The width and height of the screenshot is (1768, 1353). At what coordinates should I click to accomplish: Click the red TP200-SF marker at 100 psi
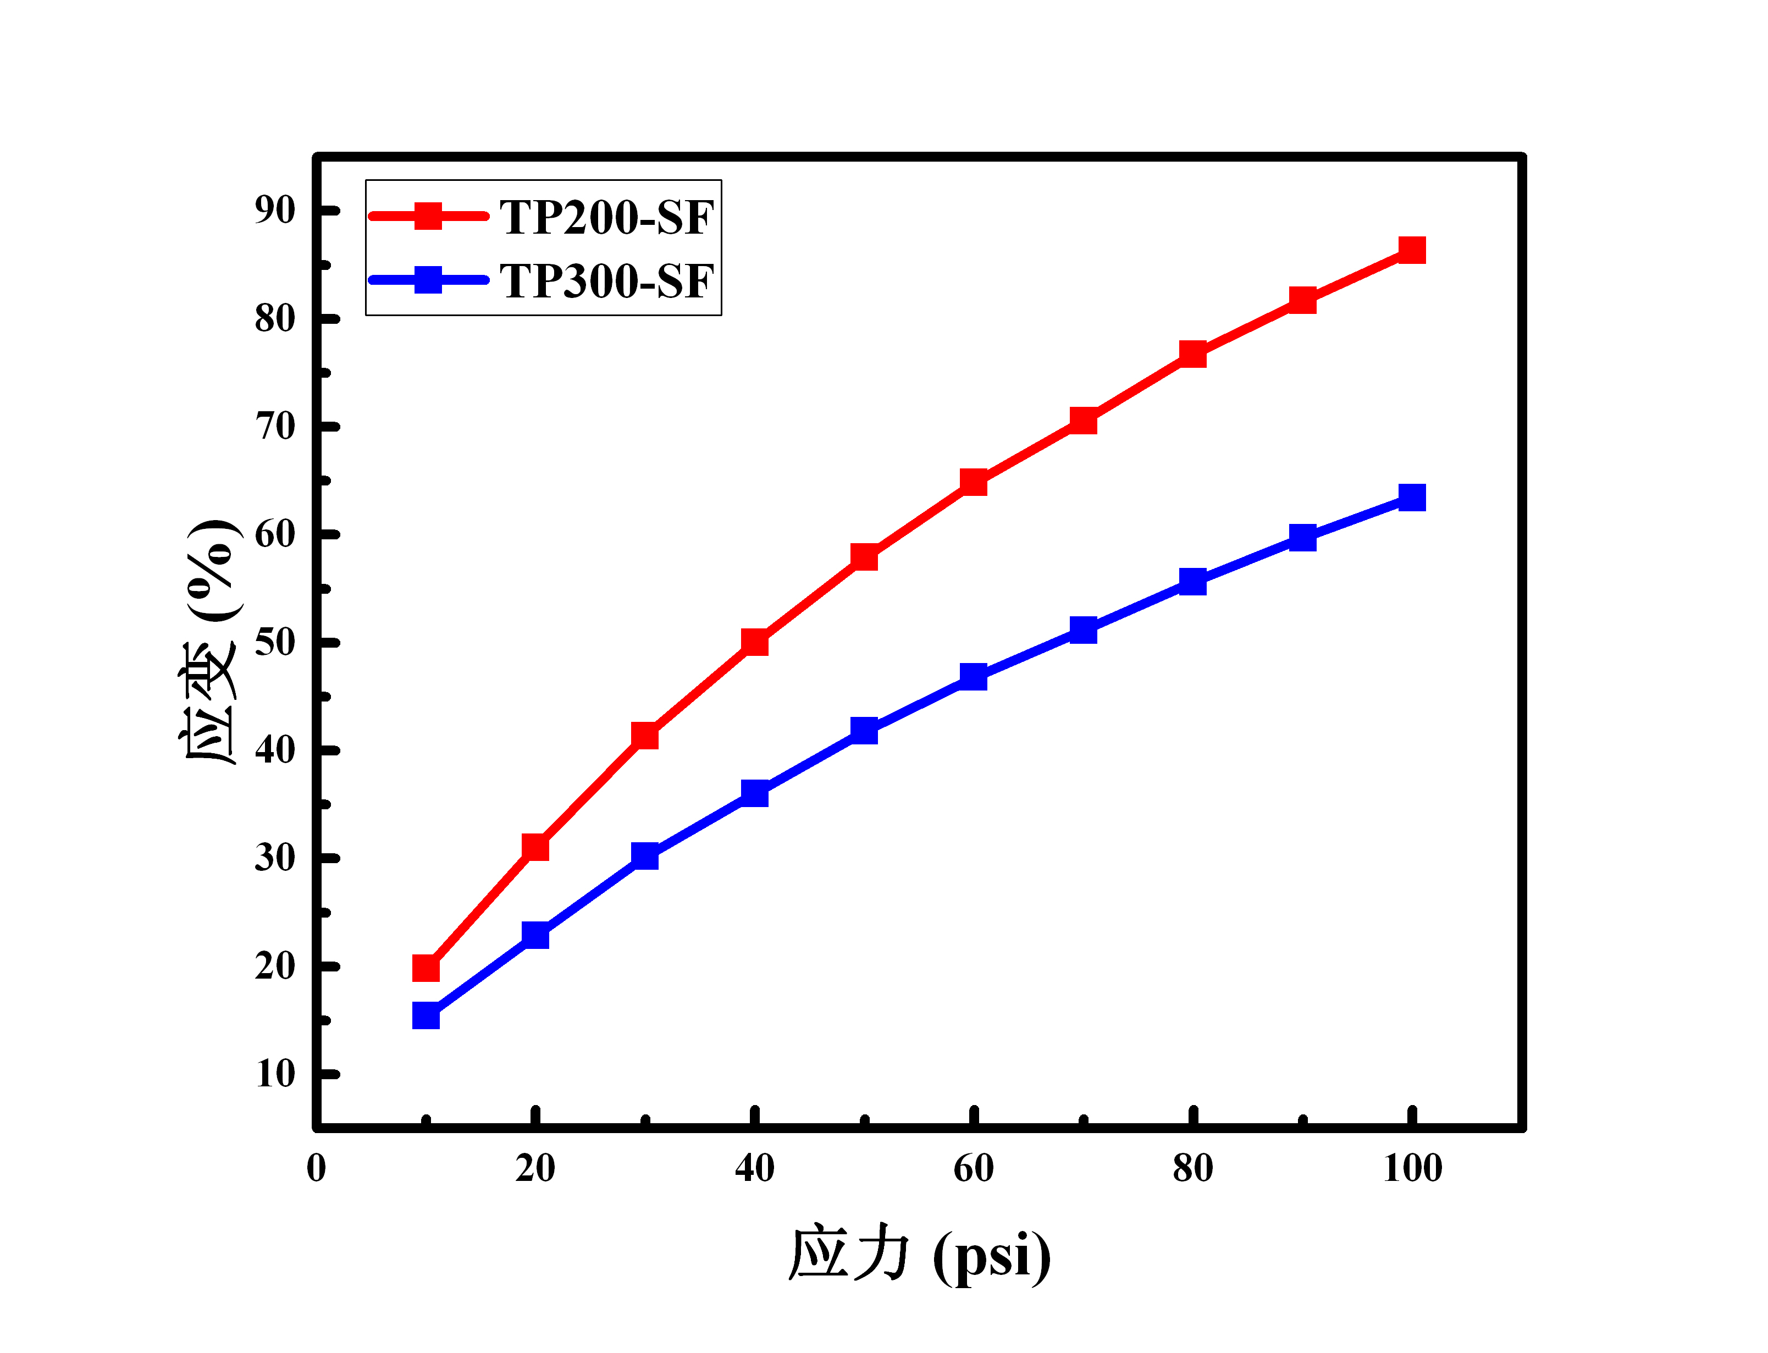(x=1411, y=251)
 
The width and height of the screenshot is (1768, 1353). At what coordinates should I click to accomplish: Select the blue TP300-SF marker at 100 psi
(x=1411, y=498)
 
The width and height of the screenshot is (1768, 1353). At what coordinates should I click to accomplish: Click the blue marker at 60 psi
(x=974, y=676)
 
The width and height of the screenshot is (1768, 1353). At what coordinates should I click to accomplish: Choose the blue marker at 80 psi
(x=1192, y=582)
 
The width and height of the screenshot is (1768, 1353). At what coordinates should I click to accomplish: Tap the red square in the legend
(x=428, y=216)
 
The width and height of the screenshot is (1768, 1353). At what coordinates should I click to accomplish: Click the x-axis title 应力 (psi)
(x=919, y=1255)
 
